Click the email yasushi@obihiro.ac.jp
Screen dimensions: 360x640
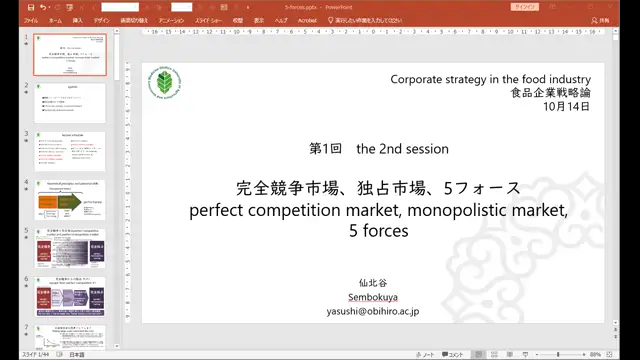click(372, 311)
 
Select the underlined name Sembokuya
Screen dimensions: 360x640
click(372, 297)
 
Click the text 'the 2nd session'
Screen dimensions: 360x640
click(402, 149)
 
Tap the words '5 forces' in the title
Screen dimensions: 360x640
click(379, 231)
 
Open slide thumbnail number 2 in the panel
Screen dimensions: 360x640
click(70, 101)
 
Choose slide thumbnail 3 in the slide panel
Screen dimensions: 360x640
click(70, 149)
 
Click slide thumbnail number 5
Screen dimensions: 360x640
click(70, 246)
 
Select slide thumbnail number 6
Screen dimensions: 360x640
click(70, 294)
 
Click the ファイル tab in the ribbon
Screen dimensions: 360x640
click(31, 19)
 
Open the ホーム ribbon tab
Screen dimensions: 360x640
click(55, 19)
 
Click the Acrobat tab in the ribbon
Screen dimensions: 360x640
click(308, 19)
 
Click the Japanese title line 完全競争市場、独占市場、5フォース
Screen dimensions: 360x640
click(379, 189)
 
